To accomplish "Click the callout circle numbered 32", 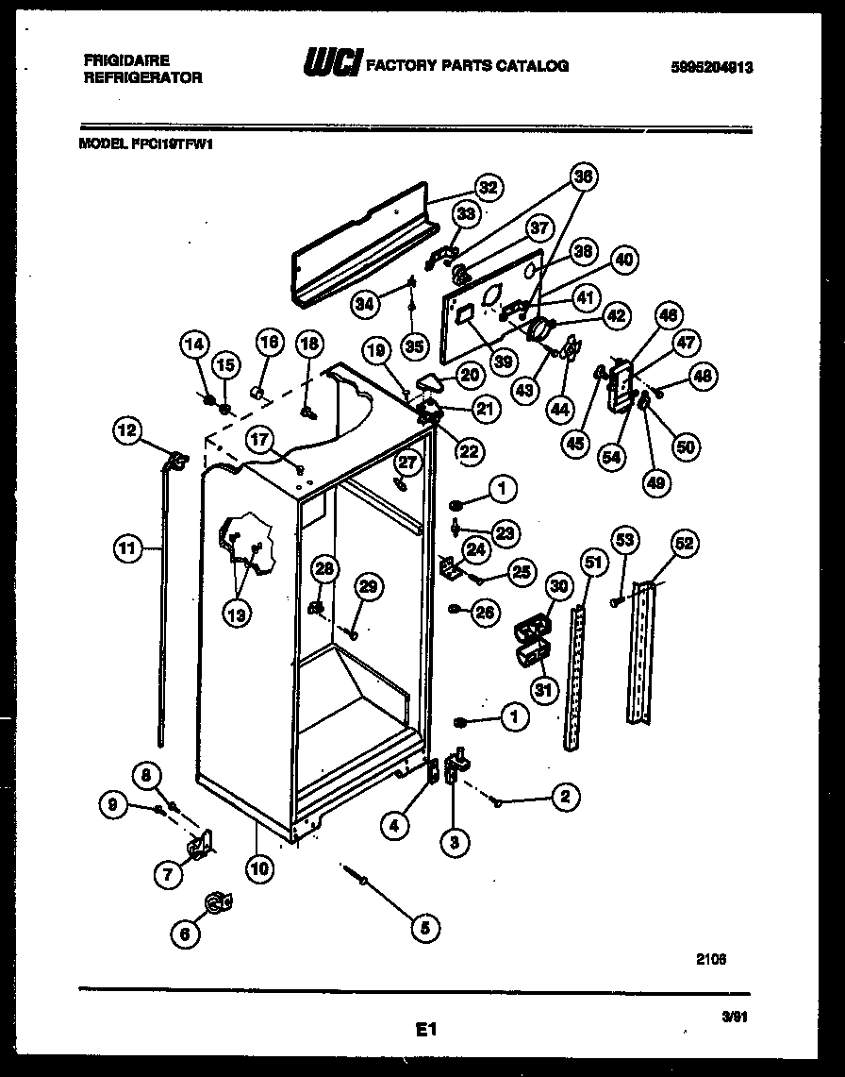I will click(487, 187).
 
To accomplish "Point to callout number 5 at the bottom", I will click(424, 928).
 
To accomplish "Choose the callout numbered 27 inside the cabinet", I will click(406, 462).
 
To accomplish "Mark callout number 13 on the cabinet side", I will click(238, 614).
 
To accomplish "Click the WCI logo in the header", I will click(330, 64).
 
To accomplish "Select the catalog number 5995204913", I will click(712, 67).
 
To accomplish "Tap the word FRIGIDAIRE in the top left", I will click(126, 59).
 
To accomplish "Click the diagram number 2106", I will click(712, 958).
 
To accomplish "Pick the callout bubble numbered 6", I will click(185, 934).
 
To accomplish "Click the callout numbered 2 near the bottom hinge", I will click(564, 798).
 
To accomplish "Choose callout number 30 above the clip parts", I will click(558, 587).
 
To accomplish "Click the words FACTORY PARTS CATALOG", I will click(466, 65).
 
